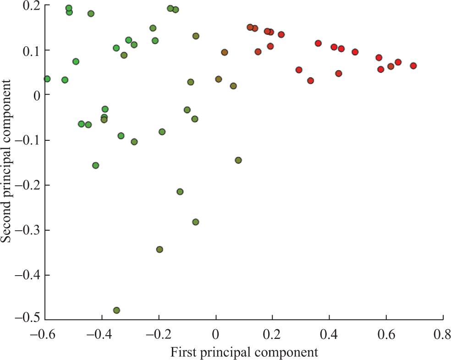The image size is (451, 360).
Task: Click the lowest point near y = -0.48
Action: [116, 310]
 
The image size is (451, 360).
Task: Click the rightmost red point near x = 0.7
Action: [413, 66]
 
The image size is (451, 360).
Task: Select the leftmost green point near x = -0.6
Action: [47, 79]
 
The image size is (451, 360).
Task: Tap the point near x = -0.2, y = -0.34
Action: [159, 249]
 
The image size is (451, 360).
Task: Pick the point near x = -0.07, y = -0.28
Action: [196, 222]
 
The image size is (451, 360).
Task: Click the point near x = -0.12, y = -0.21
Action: [180, 192]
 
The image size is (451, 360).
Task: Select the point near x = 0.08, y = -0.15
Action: [238, 160]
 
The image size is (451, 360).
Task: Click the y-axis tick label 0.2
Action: [31, 5]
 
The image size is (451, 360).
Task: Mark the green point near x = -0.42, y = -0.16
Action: [96, 165]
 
